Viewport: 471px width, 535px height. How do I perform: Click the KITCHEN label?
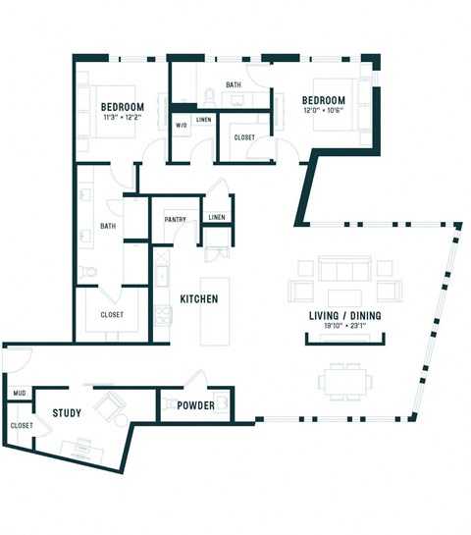pyautogui.click(x=198, y=298)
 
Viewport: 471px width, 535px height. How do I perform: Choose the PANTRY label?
pyautogui.click(x=176, y=220)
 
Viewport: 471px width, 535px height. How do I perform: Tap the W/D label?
pyautogui.click(x=182, y=126)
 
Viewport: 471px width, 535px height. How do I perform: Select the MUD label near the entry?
pyautogui.click(x=19, y=393)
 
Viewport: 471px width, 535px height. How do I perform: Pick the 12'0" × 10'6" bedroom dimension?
pyautogui.click(x=323, y=111)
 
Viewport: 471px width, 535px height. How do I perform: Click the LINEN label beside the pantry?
pyautogui.click(x=217, y=217)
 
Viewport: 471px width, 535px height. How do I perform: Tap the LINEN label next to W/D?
pyautogui.click(x=203, y=120)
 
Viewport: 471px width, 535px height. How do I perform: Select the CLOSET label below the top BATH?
pyautogui.click(x=244, y=137)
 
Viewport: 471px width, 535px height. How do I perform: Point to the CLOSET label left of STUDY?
pyautogui.click(x=21, y=425)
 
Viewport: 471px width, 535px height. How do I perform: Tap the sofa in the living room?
pyautogui.click(x=340, y=270)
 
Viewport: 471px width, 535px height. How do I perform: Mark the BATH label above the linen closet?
pyautogui.click(x=233, y=85)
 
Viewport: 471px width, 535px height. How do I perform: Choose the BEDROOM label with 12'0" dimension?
pyautogui.click(x=323, y=101)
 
